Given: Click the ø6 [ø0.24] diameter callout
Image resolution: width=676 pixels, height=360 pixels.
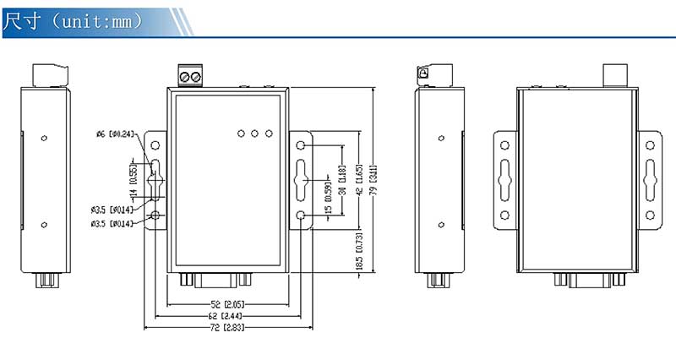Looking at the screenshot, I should [115, 134].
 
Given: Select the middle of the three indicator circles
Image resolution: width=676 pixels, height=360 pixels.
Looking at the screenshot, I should [254, 134].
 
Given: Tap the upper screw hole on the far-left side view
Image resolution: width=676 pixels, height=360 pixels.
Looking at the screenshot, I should [45, 137].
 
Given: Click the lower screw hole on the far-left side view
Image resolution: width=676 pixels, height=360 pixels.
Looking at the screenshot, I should [45, 225].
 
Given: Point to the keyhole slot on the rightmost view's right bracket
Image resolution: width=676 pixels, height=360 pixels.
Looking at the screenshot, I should [650, 179].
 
